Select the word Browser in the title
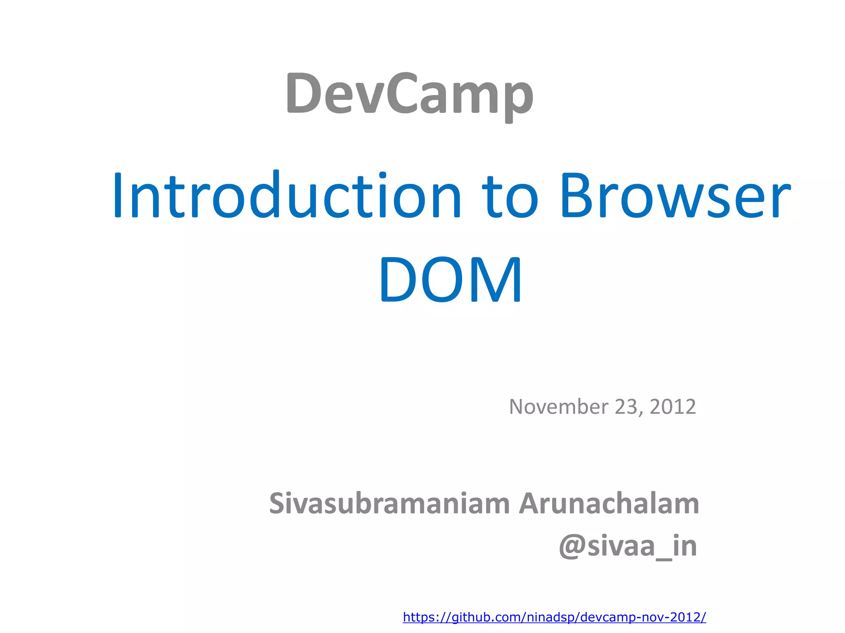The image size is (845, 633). point(675,196)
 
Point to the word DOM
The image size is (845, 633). point(451,280)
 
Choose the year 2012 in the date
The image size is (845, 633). point(673,407)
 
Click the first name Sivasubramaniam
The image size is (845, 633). point(389,504)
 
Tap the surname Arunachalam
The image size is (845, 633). point(609,504)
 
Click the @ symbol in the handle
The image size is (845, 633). point(571,547)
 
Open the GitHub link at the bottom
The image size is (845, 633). point(554,617)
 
